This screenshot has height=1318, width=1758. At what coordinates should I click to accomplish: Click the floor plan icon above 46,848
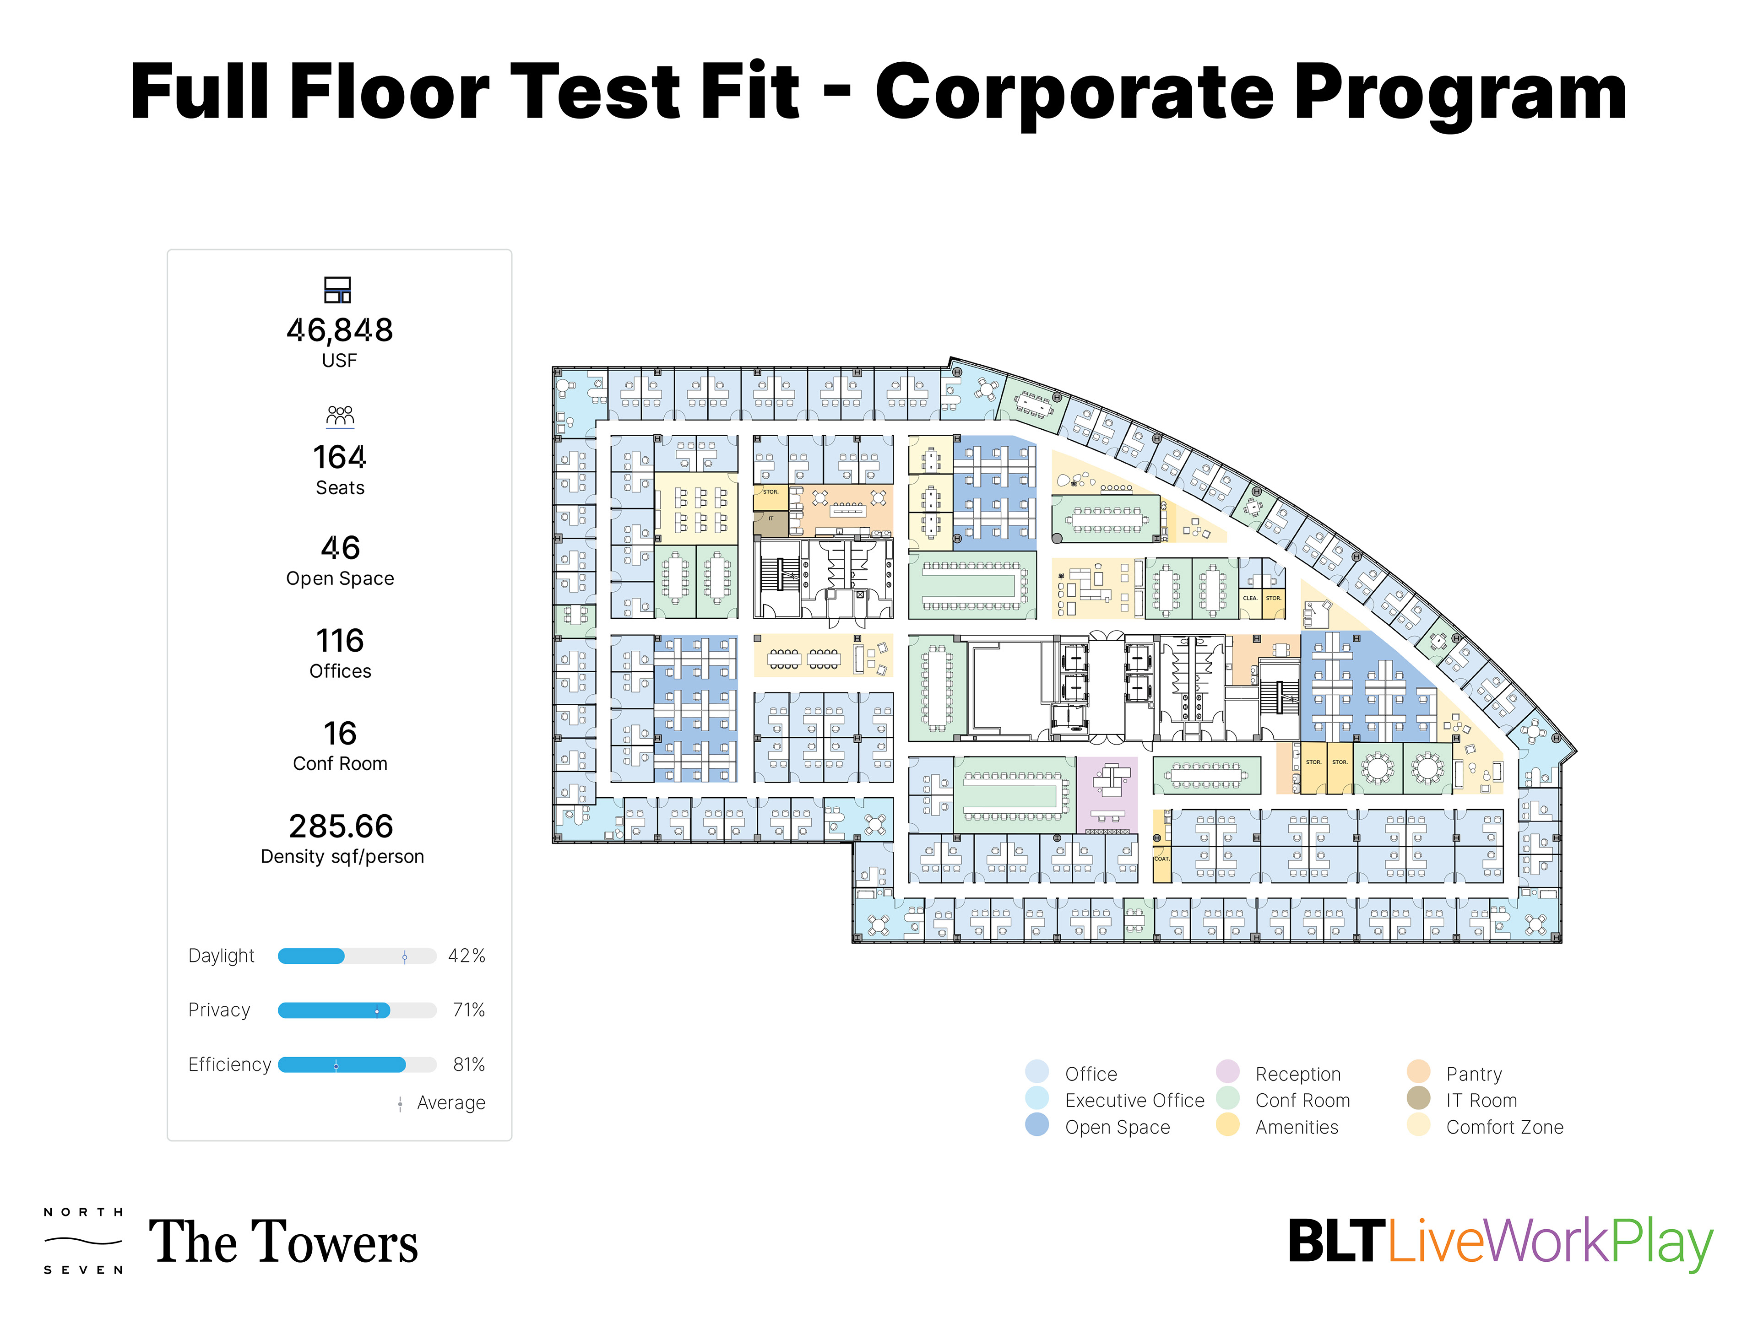(x=338, y=290)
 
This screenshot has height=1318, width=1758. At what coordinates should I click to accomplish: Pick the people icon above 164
(x=340, y=416)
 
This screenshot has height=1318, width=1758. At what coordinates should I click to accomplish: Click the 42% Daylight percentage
(x=467, y=956)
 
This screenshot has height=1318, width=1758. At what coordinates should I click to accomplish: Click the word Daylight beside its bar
(x=221, y=956)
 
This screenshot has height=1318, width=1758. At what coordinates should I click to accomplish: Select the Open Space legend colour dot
(x=1037, y=1125)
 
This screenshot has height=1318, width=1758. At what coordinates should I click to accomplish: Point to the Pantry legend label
(x=1474, y=1074)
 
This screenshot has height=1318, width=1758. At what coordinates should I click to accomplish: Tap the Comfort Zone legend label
(x=1504, y=1127)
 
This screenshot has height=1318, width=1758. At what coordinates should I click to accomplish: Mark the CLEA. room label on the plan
(x=1250, y=598)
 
